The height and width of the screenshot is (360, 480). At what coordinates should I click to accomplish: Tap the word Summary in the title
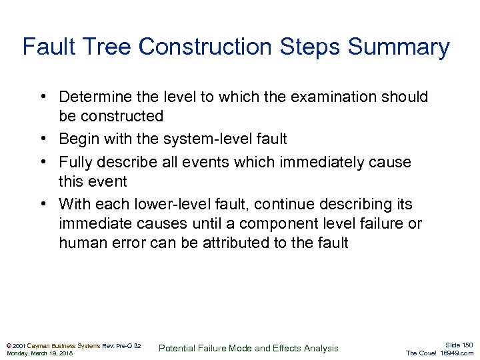[x=399, y=47]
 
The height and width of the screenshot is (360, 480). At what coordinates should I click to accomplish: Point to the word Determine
[x=93, y=97]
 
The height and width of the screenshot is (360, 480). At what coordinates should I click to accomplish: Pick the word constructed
[x=122, y=116]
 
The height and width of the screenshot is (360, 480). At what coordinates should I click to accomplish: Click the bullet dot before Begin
[x=42, y=139]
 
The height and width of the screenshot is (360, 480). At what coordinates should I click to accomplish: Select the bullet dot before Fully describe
[x=42, y=162]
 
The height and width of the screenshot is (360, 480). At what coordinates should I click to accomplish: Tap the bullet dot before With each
[x=42, y=204]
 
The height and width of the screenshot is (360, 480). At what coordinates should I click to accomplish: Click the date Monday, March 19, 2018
[x=39, y=353]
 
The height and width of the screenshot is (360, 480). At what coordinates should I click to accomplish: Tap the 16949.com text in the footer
[x=457, y=353]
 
